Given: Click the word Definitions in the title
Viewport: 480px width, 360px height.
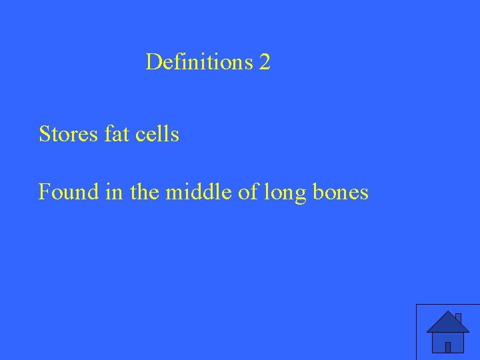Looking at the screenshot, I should tap(199, 63).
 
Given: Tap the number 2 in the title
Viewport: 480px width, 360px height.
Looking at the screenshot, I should tap(265, 63).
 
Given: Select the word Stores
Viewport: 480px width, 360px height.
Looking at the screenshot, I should tap(69, 134).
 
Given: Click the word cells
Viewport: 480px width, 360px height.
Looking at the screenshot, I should tap(157, 134).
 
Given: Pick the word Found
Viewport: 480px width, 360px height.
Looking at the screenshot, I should tap(69, 192).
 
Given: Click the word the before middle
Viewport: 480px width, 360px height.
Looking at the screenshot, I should tap(144, 192).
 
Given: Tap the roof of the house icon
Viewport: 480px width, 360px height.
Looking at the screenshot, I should tap(447, 323).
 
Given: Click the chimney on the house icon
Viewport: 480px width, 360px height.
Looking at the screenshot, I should tap(458, 317).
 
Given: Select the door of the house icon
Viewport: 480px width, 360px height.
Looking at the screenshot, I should tap(448, 347).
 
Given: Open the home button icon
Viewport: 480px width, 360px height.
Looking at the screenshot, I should tap(448, 332).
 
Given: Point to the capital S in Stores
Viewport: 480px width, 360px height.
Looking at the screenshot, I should tap(45, 134).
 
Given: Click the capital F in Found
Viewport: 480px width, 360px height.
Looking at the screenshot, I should tap(45, 192).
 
